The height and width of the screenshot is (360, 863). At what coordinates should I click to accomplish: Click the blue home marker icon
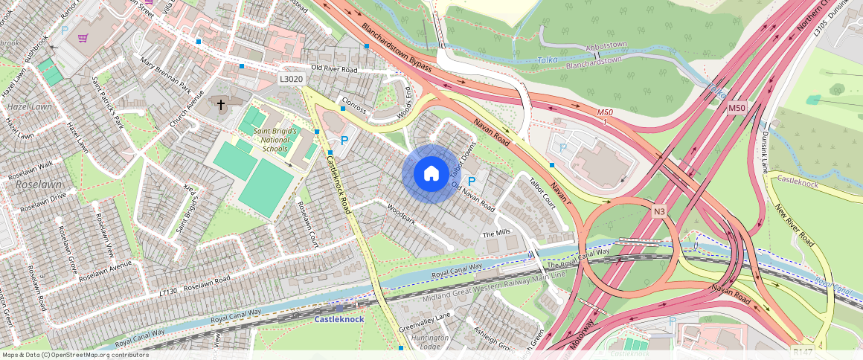pos(431,173)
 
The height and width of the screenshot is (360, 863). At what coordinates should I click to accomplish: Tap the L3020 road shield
pos(292,79)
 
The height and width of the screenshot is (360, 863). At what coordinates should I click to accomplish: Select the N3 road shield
pos(659,212)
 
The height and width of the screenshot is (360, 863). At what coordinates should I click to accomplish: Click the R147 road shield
pos(803,351)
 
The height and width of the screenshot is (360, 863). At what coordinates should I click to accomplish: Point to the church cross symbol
pos(220,105)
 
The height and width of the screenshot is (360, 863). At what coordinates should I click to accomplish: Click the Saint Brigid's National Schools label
pos(275,140)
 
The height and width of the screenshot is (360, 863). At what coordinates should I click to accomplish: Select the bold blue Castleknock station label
pos(339,319)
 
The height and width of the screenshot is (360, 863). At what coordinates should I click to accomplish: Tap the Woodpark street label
pos(401,211)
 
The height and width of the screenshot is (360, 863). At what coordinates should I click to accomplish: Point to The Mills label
pos(497,233)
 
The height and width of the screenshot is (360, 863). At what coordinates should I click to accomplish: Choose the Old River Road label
pos(335,69)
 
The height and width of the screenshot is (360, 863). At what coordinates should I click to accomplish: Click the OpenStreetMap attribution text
pos(75,355)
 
